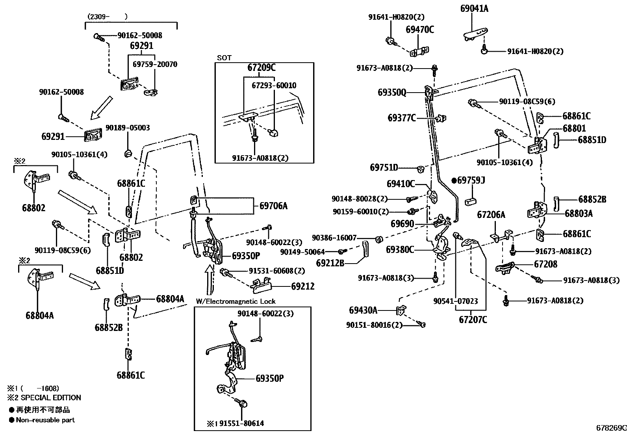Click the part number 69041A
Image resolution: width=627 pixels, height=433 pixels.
474,8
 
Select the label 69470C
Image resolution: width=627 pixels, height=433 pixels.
420,30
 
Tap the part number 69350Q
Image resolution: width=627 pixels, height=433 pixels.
391,93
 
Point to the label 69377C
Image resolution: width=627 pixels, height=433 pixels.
402,117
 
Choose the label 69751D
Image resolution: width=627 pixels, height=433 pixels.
384,167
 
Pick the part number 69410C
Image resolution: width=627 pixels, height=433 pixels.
401,184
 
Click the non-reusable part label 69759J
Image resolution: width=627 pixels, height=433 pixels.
471,180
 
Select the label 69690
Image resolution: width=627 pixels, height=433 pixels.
402,224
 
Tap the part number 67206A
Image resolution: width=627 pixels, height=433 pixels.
491,215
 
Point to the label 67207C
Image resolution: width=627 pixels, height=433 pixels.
473,320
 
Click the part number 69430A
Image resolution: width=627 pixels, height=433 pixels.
363,310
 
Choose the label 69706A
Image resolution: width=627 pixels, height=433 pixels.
273,205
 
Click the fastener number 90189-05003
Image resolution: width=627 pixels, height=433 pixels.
128,128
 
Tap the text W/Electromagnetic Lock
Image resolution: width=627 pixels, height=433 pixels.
236,301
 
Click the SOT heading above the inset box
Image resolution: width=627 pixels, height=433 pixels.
224,58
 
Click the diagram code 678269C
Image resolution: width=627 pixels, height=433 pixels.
611,428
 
